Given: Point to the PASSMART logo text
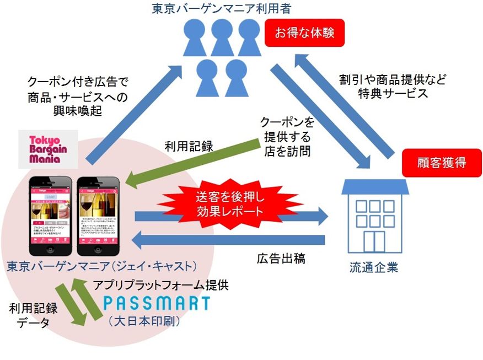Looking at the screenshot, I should [157, 303].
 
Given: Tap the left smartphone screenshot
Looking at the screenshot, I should [50, 212].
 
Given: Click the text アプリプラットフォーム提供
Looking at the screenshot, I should [160, 285].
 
